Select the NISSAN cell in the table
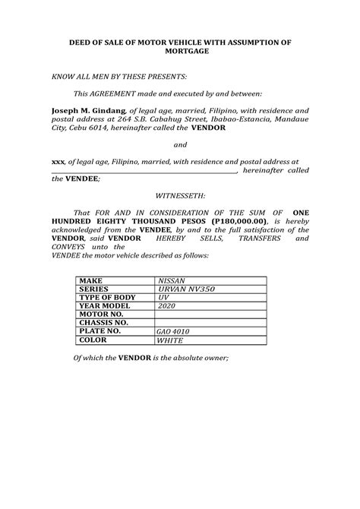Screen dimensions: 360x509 pyautogui.click(x=171, y=281)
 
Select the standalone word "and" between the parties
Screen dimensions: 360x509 pyautogui.click(x=180, y=144)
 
